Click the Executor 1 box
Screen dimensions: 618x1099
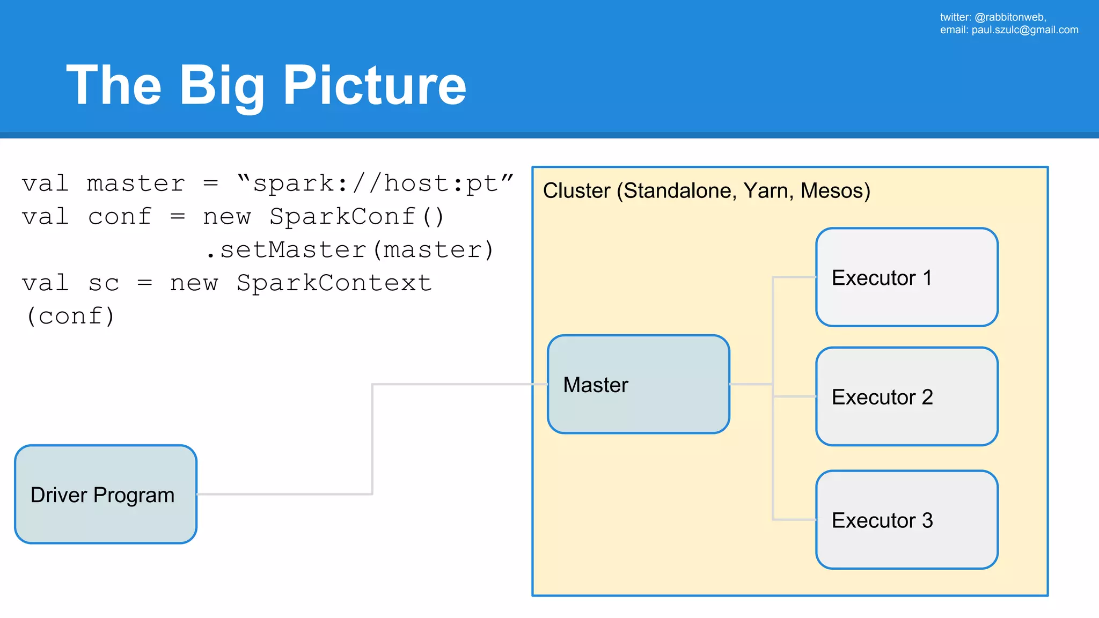[x=906, y=277]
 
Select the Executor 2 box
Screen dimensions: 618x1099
[x=906, y=396]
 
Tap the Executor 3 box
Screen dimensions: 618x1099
[x=906, y=520]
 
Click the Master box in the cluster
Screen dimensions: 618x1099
[x=638, y=384]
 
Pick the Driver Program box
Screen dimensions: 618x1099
[x=106, y=494]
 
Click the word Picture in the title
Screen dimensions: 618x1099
[x=375, y=85]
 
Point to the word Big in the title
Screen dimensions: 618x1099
[x=221, y=85]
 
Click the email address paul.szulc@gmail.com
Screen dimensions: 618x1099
[x=1024, y=30]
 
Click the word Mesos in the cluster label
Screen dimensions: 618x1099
[x=835, y=191]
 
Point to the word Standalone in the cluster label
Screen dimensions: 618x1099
[x=680, y=191]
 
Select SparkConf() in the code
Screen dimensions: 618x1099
[x=357, y=217]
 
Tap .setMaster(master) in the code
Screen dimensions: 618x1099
[x=350, y=250]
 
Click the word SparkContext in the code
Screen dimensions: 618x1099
[x=334, y=283]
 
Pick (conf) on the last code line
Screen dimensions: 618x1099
[x=70, y=317]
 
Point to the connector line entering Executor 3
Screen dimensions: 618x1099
[x=794, y=519]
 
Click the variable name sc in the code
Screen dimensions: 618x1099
[x=104, y=283]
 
